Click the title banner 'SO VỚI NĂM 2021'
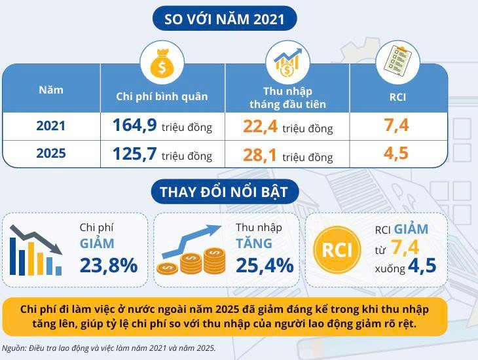tap(225, 18)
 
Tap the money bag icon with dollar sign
tap(162, 63)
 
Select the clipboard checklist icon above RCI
tap(398, 61)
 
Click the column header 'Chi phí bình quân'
tap(162, 97)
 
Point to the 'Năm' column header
tap(51, 90)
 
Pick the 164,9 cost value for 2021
tap(134, 125)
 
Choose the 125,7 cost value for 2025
tap(134, 154)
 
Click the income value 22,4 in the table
tap(260, 126)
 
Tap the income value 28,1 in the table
tap(260, 155)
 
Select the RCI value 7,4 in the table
tap(396, 125)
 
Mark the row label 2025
tap(51, 153)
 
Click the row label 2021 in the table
tap(51, 126)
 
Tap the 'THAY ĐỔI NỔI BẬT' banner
tap(225, 192)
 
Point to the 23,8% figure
tap(109, 265)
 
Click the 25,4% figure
tap(265, 265)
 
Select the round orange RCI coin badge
tap(337, 249)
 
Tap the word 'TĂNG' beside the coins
tap(254, 243)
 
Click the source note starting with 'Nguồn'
tap(109, 348)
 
